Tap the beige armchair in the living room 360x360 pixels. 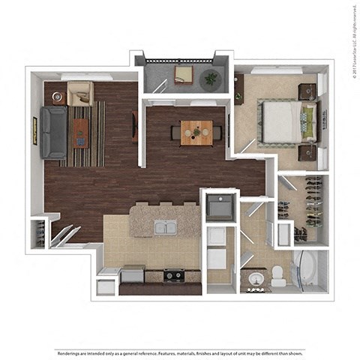pos(79,94)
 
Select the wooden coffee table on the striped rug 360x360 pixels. pos(79,133)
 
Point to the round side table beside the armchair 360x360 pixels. pos(57,97)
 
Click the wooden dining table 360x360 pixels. pos(196,132)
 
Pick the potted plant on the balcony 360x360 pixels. pos(211,76)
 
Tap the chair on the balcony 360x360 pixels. pos(184,74)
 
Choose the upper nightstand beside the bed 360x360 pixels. pos(305,91)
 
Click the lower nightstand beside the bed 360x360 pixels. pos(305,152)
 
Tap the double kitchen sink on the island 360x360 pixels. pos(165,226)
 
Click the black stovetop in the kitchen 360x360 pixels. pos(174,275)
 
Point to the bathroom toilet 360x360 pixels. pos(278,276)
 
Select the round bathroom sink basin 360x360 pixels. pos(255,279)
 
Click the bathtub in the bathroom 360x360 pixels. pos(307,271)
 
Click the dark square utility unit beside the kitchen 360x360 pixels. pos(220,206)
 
